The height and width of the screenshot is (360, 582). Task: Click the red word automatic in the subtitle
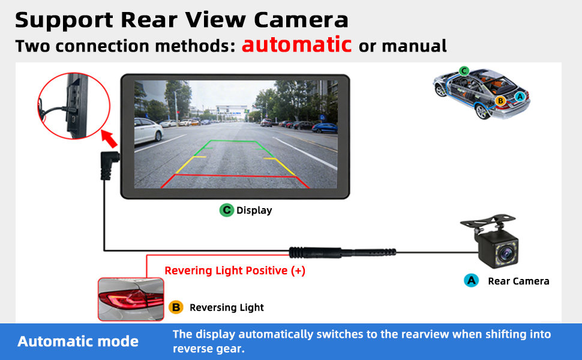[296, 45]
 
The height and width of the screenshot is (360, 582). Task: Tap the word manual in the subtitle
[414, 46]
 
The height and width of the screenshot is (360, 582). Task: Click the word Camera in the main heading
[301, 20]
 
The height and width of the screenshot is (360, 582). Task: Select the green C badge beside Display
[226, 210]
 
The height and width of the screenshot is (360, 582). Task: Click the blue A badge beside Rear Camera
[471, 281]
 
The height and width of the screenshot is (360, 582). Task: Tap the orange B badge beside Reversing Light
[176, 307]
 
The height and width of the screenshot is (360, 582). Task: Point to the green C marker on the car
[464, 71]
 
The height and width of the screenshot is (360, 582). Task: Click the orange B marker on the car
[500, 101]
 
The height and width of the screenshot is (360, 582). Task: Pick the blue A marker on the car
[520, 97]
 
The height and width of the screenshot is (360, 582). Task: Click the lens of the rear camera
[505, 253]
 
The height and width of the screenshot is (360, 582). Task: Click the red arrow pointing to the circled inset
[109, 139]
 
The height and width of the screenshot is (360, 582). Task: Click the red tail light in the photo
[131, 299]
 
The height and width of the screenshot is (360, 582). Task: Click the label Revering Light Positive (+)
[235, 271]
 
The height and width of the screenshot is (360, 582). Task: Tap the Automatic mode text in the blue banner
[78, 341]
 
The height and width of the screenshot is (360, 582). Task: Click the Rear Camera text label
[518, 281]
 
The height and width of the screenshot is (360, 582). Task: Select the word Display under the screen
[254, 211]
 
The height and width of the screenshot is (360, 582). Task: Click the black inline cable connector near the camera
[342, 253]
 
